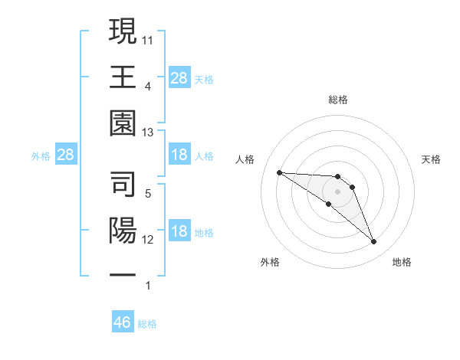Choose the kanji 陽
click(x=123, y=231)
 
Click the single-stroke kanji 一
click(x=123, y=273)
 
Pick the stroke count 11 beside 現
click(x=149, y=38)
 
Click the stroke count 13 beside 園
click(x=149, y=133)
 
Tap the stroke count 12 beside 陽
click(x=149, y=240)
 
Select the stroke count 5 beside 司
click(x=148, y=195)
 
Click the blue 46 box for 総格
click(x=123, y=322)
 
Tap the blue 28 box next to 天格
click(x=179, y=77)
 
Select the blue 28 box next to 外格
click(x=66, y=155)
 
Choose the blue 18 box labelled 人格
click(x=179, y=155)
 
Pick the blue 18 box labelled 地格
click(x=179, y=232)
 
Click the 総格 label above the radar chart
click(x=338, y=100)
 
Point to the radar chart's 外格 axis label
click(x=270, y=263)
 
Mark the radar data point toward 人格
click(x=279, y=172)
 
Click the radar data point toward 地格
click(x=374, y=242)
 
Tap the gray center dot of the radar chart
click(x=338, y=191)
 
